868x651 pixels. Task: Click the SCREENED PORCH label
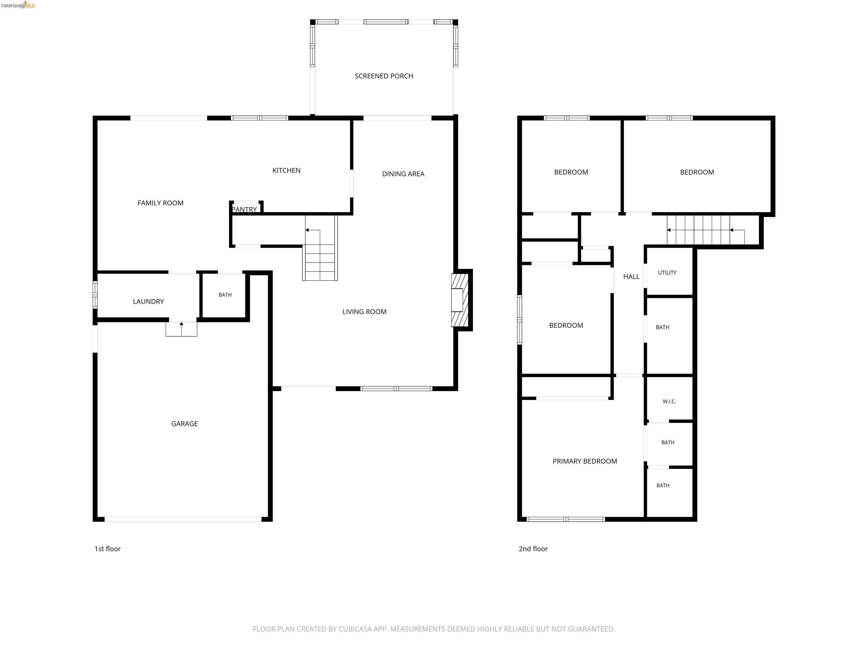tap(384, 76)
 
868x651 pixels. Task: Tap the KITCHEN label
tap(287, 170)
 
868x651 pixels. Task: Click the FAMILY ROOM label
tap(160, 203)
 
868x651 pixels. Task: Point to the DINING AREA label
tap(403, 174)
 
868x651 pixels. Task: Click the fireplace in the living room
tap(460, 300)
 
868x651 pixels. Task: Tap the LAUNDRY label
tap(148, 301)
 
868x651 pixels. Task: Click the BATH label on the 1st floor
tap(225, 295)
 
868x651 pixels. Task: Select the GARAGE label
tap(185, 424)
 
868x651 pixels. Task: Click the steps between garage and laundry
tap(181, 329)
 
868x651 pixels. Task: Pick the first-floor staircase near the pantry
tap(320, 248)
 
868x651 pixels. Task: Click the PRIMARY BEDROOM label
tap(585, 461)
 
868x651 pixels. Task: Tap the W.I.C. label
tap(669, 402)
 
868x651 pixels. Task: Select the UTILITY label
tap(667, 273)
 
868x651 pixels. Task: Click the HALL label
tap(632, 277)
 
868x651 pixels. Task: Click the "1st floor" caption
tap(108, 549)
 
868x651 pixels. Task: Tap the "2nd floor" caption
tap(533, 549)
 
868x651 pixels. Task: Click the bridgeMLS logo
tap(18, 5)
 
